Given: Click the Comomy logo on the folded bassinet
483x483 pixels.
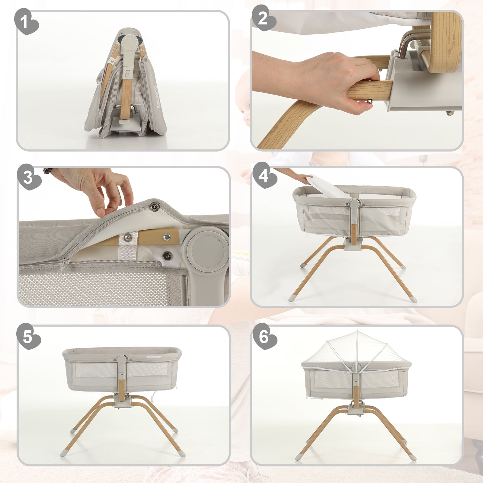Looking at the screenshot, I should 158,97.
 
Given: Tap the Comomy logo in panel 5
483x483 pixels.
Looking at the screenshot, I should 154,357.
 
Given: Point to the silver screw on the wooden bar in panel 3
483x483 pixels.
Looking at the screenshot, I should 166,237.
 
